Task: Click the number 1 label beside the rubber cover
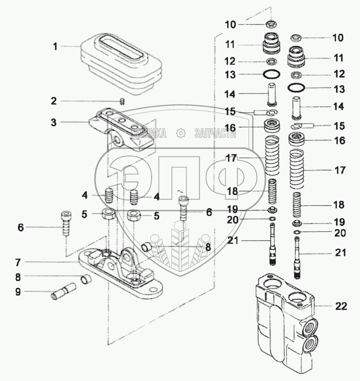point(55,46)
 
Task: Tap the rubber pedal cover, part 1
point(121,64)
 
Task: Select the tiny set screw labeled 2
point(123,101)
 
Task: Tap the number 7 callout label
point(18,263)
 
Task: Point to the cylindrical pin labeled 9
point(64,293)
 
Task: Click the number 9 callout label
point(18,292)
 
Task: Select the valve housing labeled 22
point(287,325)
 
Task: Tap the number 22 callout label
point(341,306)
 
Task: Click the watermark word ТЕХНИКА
point(148,133)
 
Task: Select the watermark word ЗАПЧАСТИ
point(215,133)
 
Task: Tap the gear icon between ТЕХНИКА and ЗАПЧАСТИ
point(181,133)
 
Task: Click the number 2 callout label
point(54,101)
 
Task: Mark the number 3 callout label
point(54,123)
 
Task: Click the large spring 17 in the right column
point(296,169)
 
